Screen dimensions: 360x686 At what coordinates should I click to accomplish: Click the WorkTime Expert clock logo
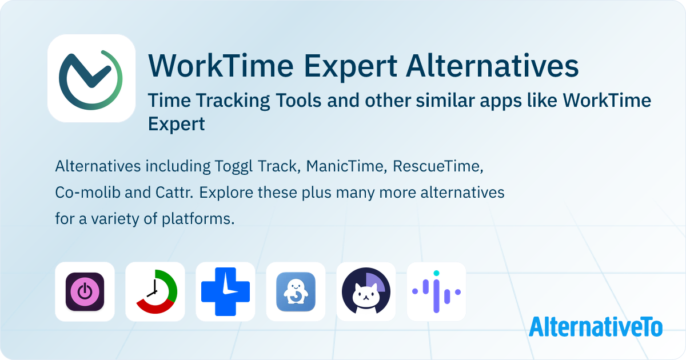tap(91, 78)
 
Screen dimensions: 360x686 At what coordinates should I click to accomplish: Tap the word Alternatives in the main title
tap(492, 66)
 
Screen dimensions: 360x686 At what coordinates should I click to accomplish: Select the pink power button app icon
tap(85, 291)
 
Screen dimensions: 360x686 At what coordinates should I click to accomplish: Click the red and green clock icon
tap(155, 291)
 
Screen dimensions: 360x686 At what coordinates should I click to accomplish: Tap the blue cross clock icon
tap(225, 291)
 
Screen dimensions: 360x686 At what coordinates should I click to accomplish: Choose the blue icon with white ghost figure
tap(296, 291)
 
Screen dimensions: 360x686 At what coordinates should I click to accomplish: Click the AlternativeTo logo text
tap(595, 327)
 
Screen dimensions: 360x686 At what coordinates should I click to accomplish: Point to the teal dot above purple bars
tap(436, 274)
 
